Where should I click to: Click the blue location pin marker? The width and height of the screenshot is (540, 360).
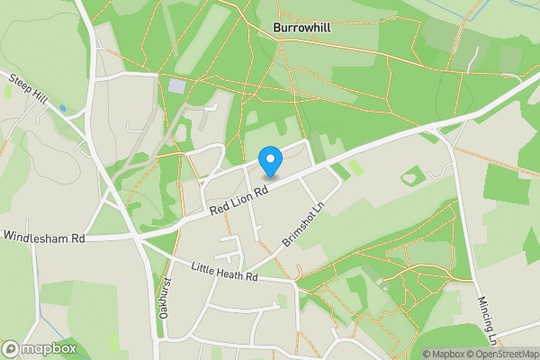pyautogui.click(x=270, y=161)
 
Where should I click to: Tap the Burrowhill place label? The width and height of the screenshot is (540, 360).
pyautogui.click(x=301, y=28)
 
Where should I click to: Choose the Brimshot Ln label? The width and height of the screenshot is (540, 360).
pyautogui.click(x=301, y=221)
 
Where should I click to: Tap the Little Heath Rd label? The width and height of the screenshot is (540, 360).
pyautogui.click(x=225, y=271)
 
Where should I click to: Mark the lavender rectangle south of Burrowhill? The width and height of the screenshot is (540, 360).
pyautogui.click(x=176, y=87)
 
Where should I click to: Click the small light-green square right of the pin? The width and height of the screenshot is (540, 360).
pyautogui.click(x=356, y=168)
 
